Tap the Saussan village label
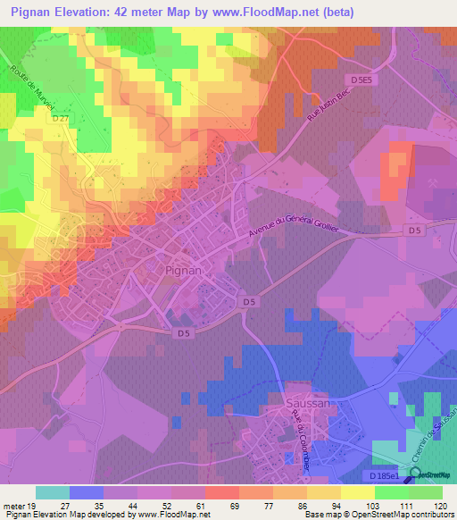tap(306, 404)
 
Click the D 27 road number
tap(61, 118)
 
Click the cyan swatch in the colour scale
tap(53, 492)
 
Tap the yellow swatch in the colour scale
tap(324, 492)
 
